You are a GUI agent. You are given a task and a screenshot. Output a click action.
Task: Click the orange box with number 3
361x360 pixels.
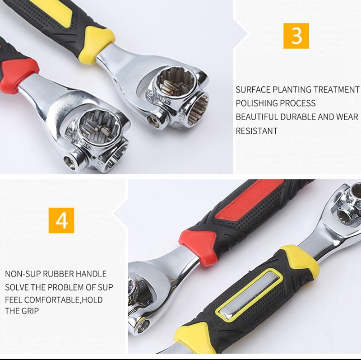(296, 36)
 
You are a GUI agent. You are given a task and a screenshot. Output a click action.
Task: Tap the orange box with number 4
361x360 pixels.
(61, 220)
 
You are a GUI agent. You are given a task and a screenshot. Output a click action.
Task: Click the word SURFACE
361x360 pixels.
(252, 90)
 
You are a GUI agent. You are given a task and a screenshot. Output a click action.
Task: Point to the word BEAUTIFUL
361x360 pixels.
(257, 117)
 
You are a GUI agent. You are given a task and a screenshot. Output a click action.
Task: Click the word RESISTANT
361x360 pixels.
(256, 131)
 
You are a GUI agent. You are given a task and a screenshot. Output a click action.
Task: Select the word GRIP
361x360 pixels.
(30, 311)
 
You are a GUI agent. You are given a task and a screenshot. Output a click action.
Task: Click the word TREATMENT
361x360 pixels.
(335, 90)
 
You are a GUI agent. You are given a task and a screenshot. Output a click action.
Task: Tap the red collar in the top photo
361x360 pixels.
(22, 72)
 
